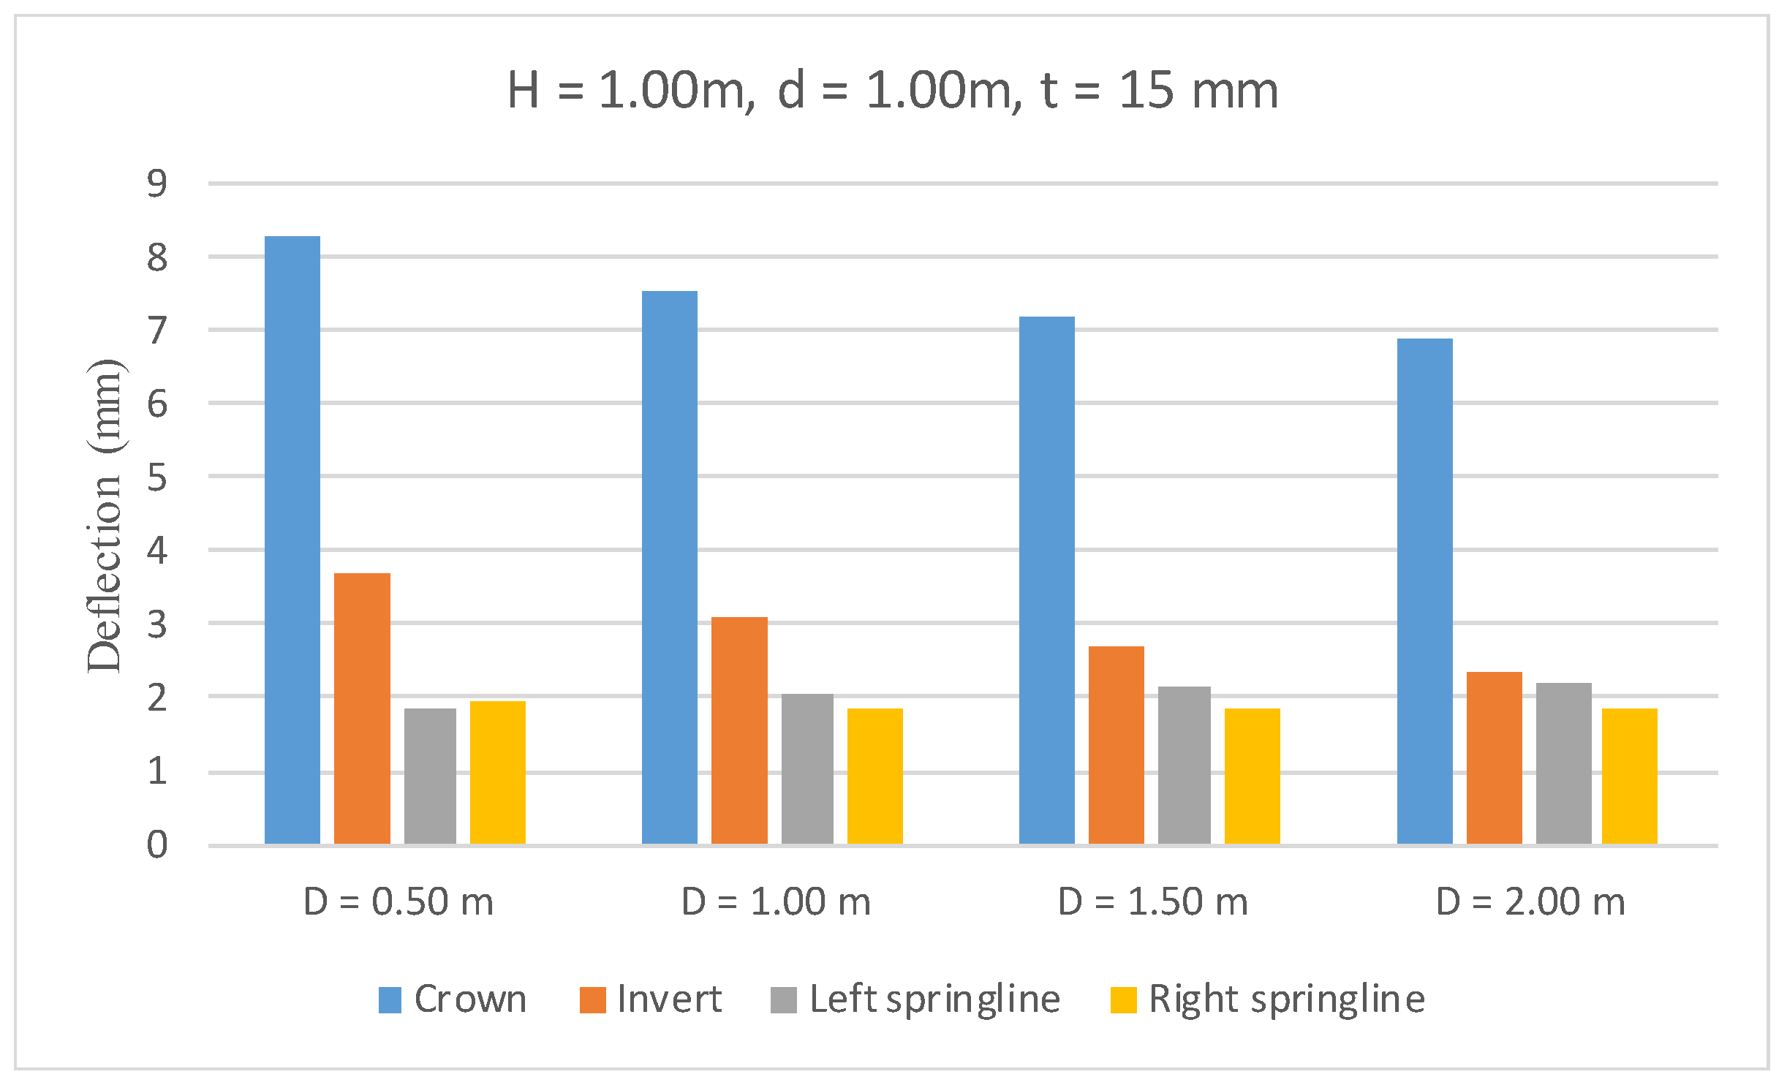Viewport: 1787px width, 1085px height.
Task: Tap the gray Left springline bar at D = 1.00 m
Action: tap(807, 768)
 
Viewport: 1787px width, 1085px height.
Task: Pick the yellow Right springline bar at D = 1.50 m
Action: tap(1252, 776)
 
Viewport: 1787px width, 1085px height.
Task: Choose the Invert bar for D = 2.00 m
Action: tap(1494, 757)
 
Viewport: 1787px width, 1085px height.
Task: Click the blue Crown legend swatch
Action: tap(390, 999)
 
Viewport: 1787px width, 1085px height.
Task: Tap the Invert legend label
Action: tap(669, 999)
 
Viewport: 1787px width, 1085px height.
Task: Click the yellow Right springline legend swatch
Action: tap(1123, 999)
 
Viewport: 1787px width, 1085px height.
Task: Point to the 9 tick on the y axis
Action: tap(157, 183)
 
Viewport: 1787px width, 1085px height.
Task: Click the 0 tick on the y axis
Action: tap(157, 845)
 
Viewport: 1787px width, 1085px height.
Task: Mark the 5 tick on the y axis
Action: tap(157, 477)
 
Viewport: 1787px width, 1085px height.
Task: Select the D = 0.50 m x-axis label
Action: tap(398, 901)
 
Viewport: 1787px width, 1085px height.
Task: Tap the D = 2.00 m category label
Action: tap(1530, 901)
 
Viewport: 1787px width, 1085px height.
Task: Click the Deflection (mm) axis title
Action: tap(105, 515)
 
